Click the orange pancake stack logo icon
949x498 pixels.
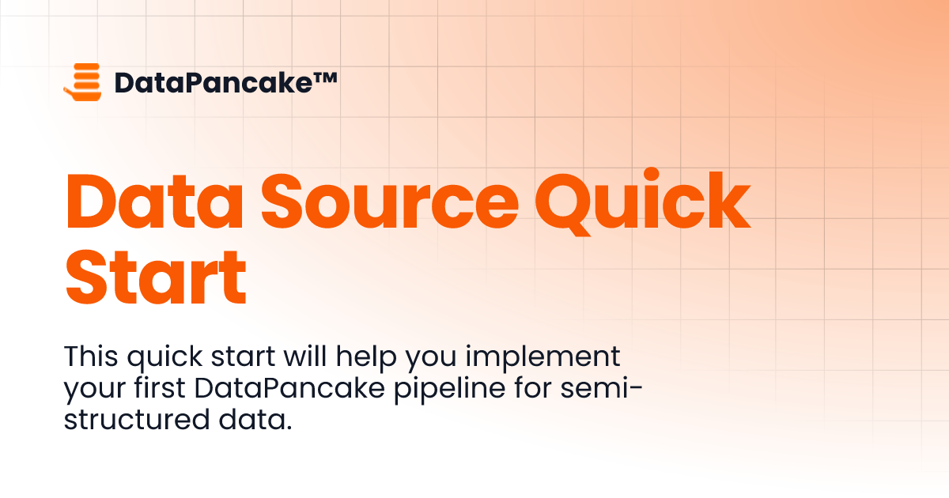pos(82,82)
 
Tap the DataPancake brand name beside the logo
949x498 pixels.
pos(214,83)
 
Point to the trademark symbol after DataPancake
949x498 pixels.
pos(325,77)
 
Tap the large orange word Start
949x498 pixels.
pos(155,277)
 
